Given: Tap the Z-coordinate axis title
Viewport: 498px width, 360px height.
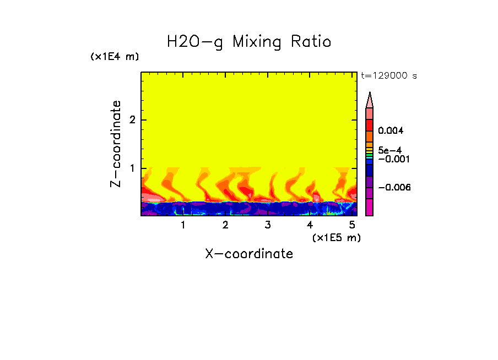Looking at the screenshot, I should coord(116,144).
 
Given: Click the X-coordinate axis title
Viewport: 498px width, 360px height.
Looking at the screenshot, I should coord(249,254).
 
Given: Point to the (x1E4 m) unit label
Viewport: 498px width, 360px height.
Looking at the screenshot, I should coord(115,57).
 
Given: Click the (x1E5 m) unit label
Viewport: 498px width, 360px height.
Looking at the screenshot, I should coord(336,237).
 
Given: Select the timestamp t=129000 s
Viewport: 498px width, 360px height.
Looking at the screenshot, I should coord(388,76).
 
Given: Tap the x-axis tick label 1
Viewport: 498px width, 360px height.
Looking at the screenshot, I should coord(183,225).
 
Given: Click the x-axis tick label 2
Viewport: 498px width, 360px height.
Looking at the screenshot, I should coord(225,225).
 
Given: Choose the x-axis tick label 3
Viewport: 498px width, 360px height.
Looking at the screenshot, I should coord(267,225).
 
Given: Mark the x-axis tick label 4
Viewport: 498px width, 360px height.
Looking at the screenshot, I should coord(310,225).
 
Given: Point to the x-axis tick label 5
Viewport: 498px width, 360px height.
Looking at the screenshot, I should coord(352,225).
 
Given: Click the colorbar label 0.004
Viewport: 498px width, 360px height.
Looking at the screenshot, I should coord(391,131).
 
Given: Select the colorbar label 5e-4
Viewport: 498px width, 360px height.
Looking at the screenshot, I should coord(390,150).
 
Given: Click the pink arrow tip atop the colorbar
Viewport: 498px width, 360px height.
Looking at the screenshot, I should coord(370,99).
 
